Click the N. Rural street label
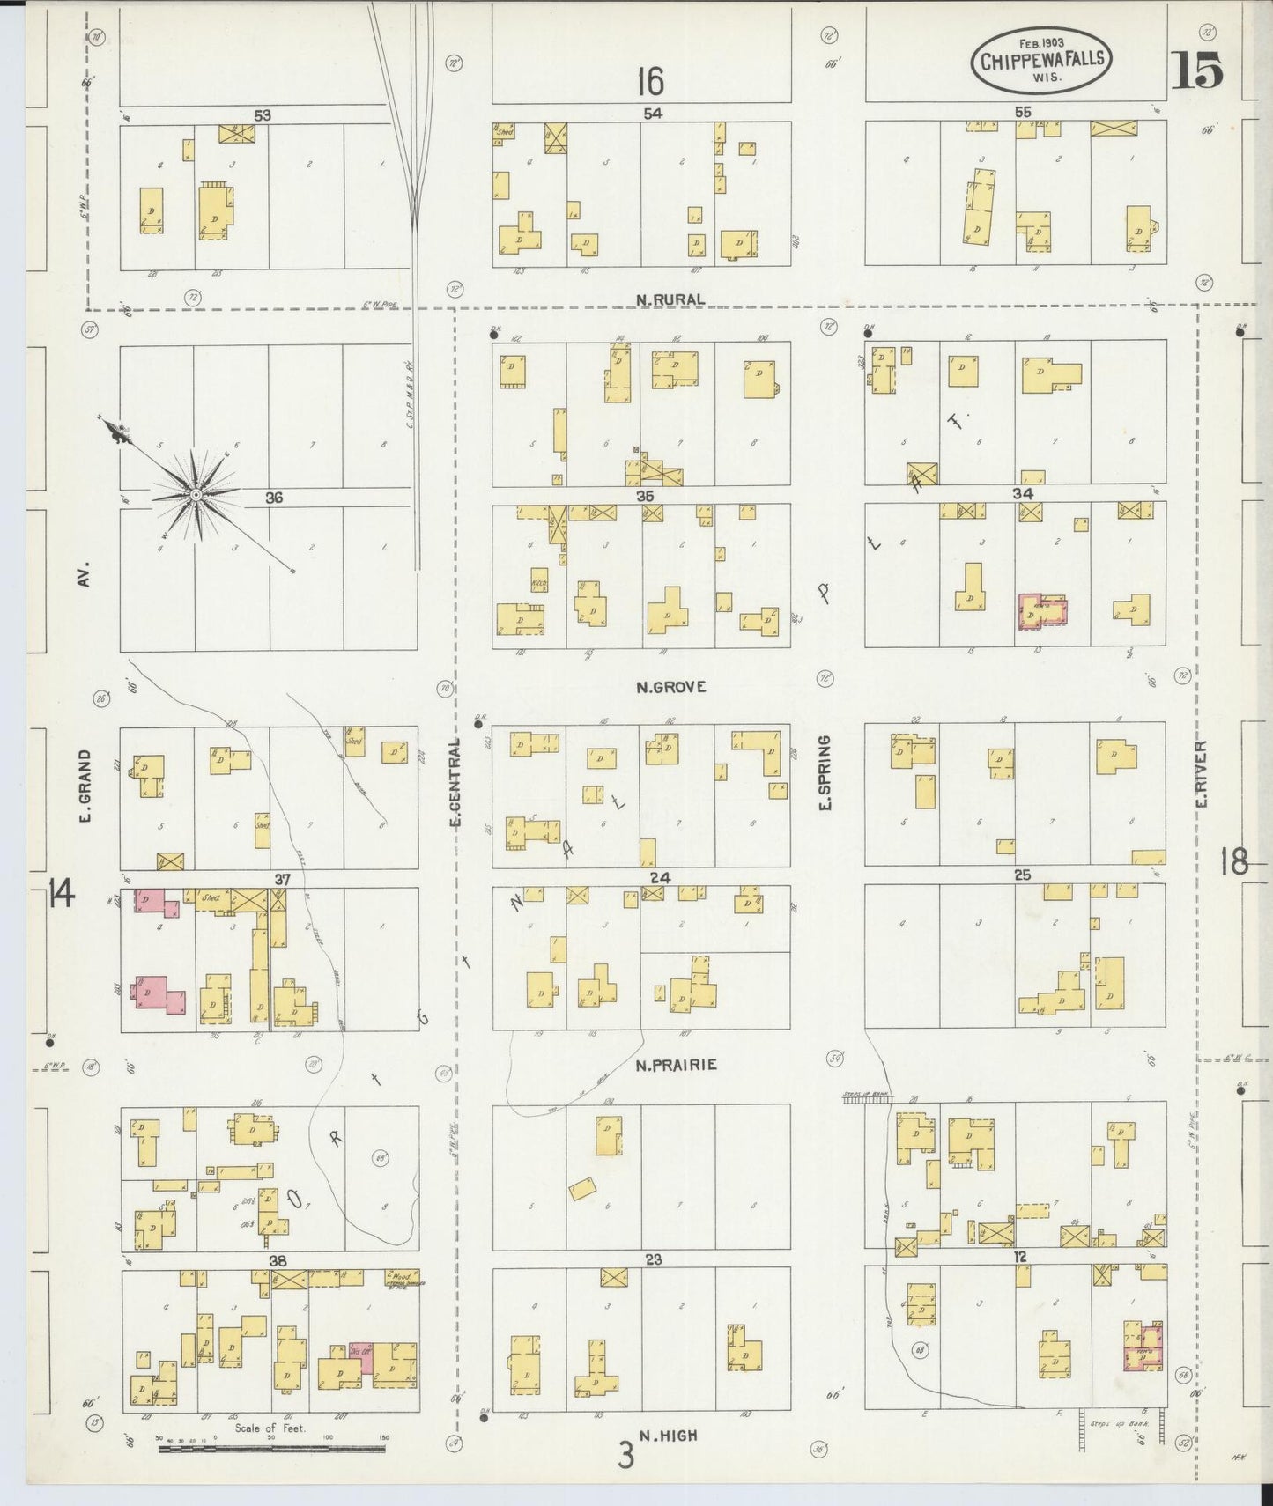pos(670,299)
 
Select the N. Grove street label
pos(670,687)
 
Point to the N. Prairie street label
pos(676,1065)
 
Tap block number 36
pos(274,498)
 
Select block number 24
pos(661,877)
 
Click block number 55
pos(1022,113)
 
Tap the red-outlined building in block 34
pos(1042,611)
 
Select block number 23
pos(652,1259)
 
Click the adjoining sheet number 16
pos(650,82)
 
